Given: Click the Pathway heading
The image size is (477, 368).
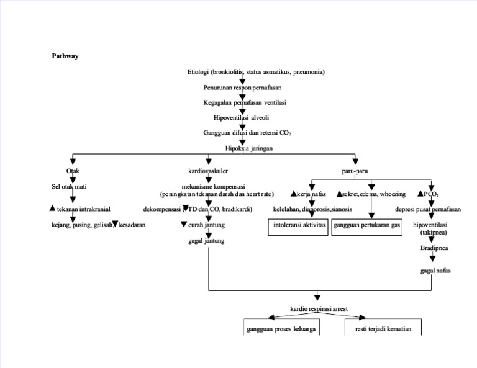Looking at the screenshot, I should [65, 56].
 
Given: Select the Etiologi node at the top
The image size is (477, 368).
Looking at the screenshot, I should [256, 72].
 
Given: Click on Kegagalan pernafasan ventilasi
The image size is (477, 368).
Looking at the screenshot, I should [244, 102].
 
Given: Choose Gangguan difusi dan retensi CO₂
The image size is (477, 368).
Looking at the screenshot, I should [247, 133].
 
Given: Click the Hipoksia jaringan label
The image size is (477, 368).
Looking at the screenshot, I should [248, 148].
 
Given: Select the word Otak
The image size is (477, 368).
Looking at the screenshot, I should [73, 171].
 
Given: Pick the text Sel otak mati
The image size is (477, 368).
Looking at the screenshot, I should [69, 186].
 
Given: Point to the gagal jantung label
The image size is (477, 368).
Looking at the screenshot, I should [206, 241].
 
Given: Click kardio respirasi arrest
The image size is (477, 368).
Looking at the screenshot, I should [319, 308].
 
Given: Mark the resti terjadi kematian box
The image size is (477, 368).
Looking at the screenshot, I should [383, 329].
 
